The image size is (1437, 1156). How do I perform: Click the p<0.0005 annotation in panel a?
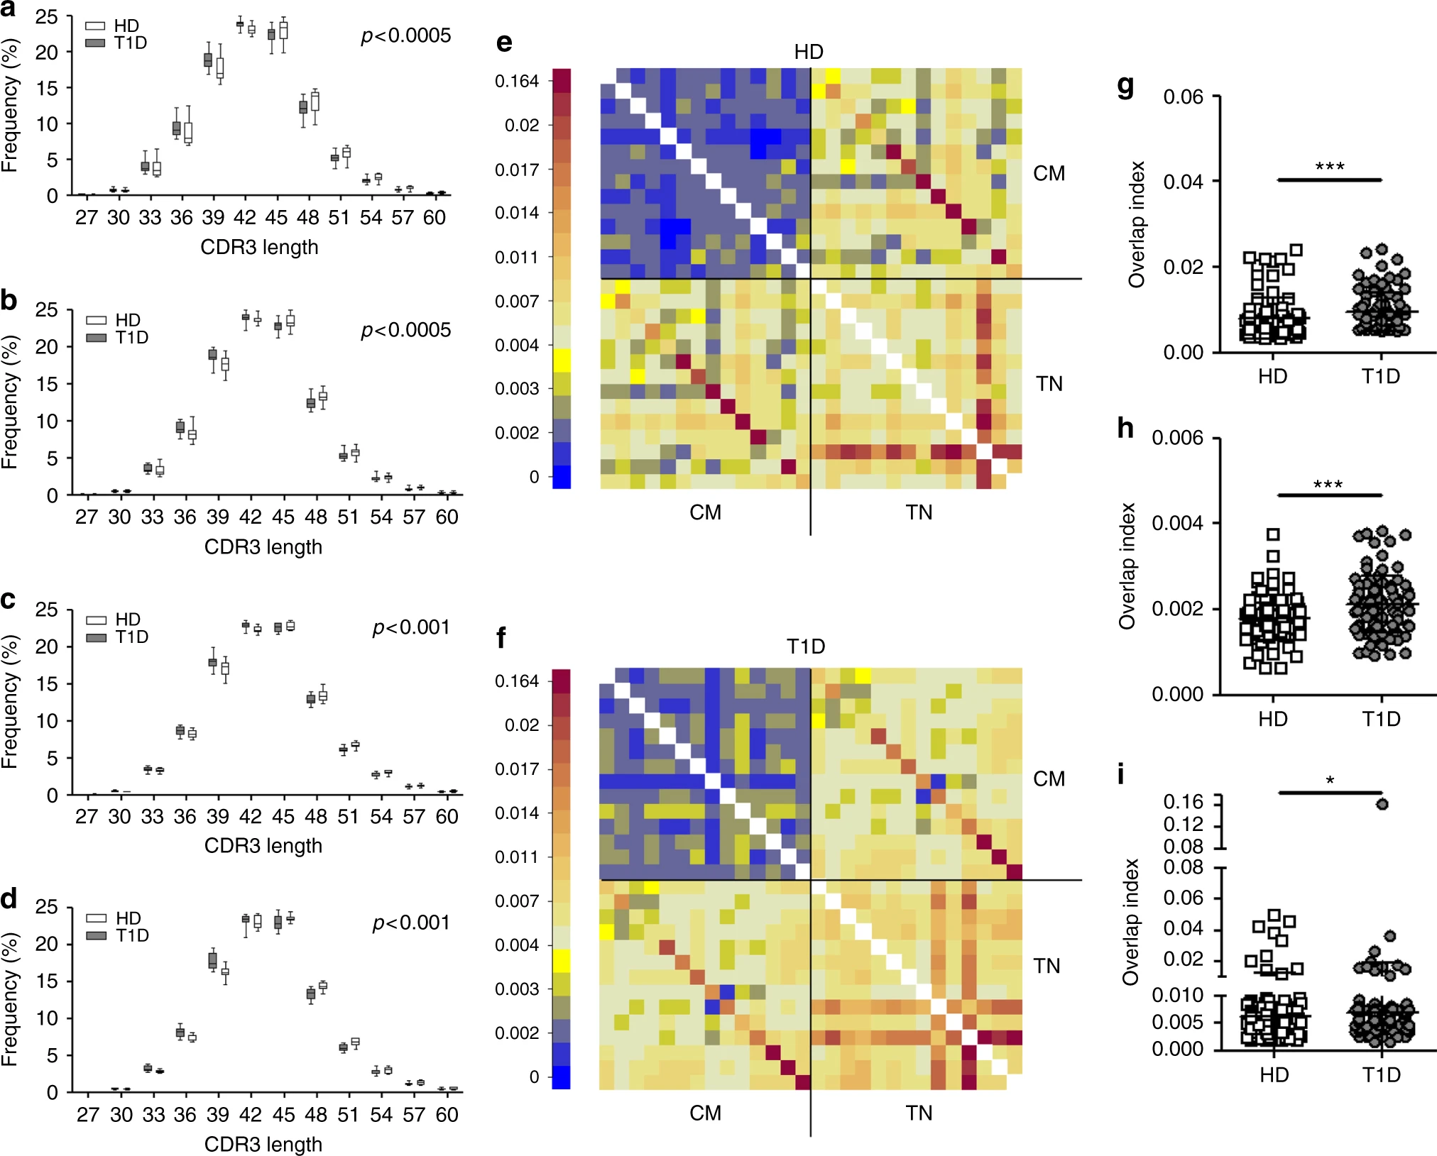[x=405, y=35]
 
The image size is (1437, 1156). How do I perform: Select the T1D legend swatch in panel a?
[x=95, y=43]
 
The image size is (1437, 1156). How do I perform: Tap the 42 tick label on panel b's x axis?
[x=250, y=517]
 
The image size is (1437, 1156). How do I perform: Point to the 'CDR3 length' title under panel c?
[x=263, y=846]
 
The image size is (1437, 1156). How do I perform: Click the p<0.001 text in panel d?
[x=411, y=923]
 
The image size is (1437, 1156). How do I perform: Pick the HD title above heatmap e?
[x=809, y=52]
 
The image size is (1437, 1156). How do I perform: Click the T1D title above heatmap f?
[x=806, y=646]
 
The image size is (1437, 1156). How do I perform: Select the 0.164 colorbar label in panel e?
[x=517, y=81]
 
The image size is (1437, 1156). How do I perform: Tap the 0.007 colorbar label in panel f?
[x=517, y=901]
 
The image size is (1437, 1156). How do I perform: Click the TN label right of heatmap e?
[x=1049, y=384]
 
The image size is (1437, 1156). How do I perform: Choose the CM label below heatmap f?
[x=705, y=1113]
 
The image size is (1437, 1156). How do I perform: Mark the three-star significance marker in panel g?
[x=1329, y=167]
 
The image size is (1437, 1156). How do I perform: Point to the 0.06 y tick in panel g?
[x=1184, y=97]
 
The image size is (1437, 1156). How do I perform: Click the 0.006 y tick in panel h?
[x=1178, y=438]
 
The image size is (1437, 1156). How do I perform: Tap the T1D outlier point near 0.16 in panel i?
[x=1382, y=804]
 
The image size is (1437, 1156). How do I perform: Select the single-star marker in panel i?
[x=1330, y=781]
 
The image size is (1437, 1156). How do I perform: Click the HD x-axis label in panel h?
[x=1273, y=719]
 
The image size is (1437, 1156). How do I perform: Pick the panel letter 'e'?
[x=504, y=43]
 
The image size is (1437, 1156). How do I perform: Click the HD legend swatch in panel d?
[x=96, y=918]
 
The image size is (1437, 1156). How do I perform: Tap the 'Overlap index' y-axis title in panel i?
[x=1130, y=922]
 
